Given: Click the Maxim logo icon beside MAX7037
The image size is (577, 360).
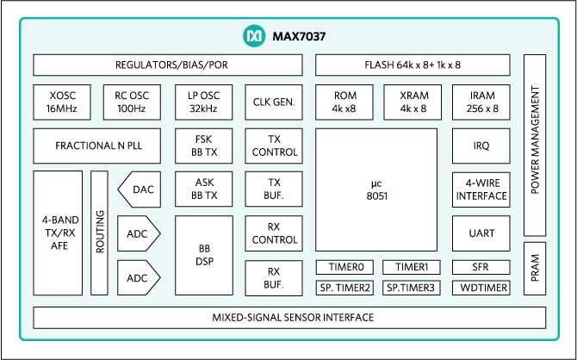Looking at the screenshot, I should pos(253,37).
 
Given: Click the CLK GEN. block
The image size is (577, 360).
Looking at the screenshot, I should pos(275,102).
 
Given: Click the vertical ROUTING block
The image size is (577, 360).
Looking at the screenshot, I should pos(100,233).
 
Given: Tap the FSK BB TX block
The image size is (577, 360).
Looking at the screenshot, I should pos(203,146).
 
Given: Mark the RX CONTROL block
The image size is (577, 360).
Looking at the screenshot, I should pos(275,233).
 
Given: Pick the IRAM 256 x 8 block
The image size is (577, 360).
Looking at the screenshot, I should pos(481,102).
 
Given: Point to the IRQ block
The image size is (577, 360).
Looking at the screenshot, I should pos(481,146).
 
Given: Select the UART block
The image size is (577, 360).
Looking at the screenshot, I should pos(481,233).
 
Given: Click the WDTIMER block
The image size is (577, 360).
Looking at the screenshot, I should pos(481,288).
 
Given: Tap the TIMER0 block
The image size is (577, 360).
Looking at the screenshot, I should pos(345,267).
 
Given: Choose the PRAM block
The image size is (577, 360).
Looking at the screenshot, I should pos(535,269).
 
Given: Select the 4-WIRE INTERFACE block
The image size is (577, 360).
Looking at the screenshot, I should pos(481,189).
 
